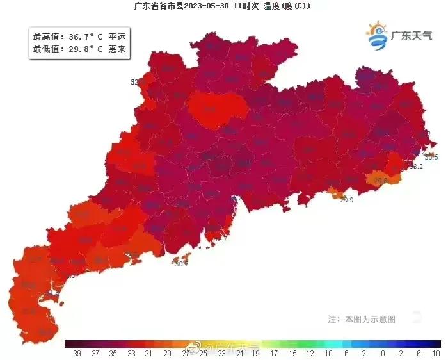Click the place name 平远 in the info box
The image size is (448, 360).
[117, 37]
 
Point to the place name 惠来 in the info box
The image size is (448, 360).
[117, 48]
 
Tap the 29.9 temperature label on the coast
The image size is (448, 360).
[346, 200]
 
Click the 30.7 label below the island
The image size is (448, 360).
[181, 263]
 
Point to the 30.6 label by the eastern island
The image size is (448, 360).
[431, 157]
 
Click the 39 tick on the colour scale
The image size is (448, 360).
[77, 353]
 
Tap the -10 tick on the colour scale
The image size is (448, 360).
[435, 353]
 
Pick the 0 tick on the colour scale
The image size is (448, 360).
[382, 353]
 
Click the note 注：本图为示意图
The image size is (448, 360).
[361, 318]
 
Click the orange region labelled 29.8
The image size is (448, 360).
[381, 180]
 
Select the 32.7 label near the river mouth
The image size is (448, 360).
[220, 238]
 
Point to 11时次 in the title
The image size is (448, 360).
[246, 6]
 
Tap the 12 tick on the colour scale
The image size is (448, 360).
[309, 353]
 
